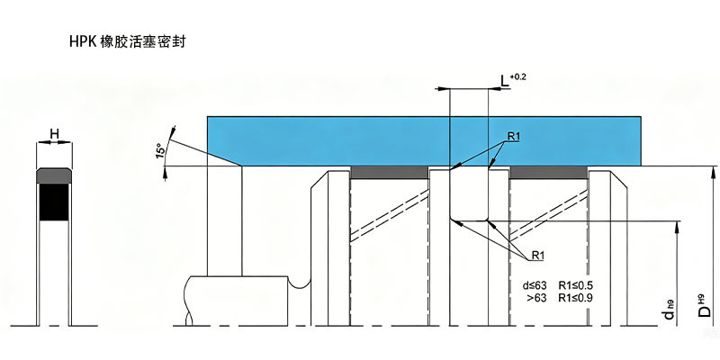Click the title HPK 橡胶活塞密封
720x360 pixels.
click(128, 41)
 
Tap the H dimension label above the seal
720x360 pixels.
click(54, 134)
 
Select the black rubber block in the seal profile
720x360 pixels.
click(54, 202)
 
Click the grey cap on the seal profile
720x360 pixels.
click(54, 175)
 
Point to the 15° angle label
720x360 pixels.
click(160, 151)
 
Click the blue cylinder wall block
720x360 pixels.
click(424, 141)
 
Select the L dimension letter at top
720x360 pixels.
click(505, 82)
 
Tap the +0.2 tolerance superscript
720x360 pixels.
click(518, 76)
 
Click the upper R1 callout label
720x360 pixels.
click(513, 136)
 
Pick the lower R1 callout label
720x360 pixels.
click(537, 256)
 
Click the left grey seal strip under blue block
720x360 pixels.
click(390, 173)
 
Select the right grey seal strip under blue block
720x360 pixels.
click(549, 173)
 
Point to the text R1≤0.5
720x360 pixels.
click(575, 284)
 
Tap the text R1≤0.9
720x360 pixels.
click(575, 298)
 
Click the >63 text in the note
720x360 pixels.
click(536, 298)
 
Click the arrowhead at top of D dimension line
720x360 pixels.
click(712, 172)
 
